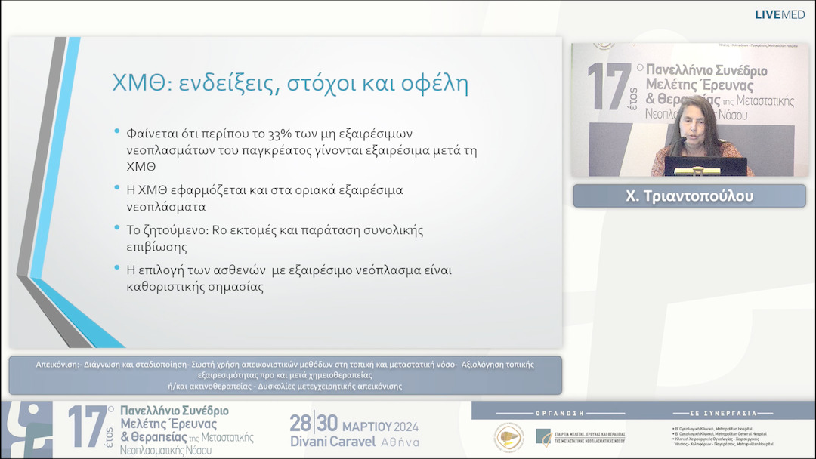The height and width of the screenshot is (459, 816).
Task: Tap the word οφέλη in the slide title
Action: click(434, 84)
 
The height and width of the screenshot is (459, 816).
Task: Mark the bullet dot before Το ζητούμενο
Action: click(117, 227)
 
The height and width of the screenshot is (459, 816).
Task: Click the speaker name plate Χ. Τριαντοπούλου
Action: click(689, 196)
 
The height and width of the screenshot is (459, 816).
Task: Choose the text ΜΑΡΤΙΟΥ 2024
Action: click(380, 426)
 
